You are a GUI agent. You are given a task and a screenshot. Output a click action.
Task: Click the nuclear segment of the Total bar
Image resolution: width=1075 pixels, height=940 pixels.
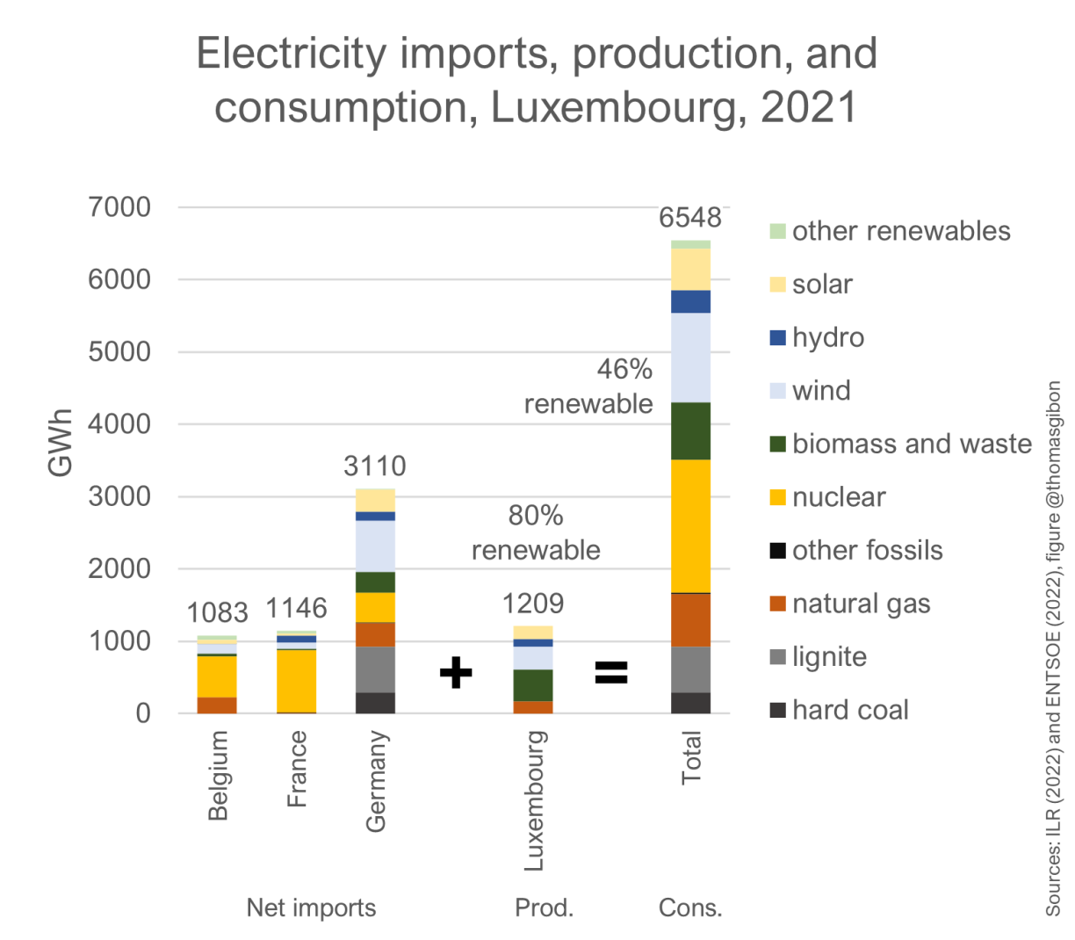[x=690, y=525]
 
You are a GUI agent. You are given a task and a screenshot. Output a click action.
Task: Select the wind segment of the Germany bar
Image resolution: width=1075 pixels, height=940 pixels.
[x=375, y=546]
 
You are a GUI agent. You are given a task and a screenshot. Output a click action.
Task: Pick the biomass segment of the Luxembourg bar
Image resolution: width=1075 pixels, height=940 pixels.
[x=533, y=684]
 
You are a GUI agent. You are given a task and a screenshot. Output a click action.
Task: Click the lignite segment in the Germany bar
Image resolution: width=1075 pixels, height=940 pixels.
[x=375, y=669]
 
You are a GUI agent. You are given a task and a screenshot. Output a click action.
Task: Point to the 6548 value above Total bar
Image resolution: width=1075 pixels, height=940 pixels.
[x=690, y=217]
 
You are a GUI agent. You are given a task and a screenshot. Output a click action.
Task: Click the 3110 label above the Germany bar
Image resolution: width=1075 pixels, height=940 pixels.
[x=375, y=466]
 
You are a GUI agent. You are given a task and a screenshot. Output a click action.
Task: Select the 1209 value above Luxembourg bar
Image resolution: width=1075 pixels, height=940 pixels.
[x=533, y=604]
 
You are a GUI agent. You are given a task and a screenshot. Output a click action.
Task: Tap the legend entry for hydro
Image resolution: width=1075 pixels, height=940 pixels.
[x=827, y=337]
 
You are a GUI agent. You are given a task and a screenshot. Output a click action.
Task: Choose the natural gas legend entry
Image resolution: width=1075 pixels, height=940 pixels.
[x=861, y=604]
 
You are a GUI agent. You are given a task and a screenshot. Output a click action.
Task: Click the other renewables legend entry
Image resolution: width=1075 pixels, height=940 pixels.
[x=900, y=231]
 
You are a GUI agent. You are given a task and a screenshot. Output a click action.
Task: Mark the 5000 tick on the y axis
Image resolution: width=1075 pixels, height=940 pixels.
[x=119, y=351]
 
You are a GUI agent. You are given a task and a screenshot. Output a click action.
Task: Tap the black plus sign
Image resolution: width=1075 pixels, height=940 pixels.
[x=456, y=673]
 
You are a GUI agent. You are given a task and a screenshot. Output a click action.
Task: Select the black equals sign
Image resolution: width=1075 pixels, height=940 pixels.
[x=611, y=673]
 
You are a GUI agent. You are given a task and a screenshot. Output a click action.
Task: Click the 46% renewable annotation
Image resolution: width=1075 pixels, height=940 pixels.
[x=588, y=387]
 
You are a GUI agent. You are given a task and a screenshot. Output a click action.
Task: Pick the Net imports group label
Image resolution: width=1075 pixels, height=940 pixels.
[x=311, y=907]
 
